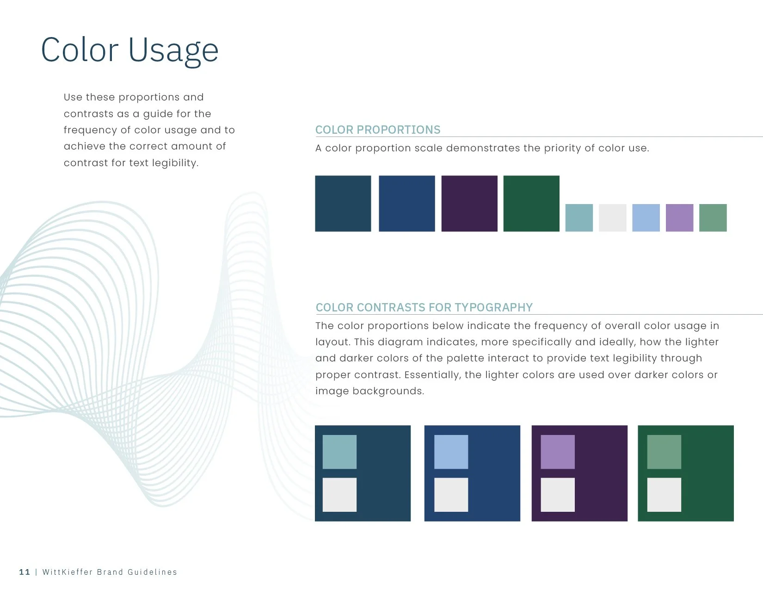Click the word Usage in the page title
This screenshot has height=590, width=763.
[x=173, y=50]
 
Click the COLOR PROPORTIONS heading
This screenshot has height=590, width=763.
[x=378, y=130]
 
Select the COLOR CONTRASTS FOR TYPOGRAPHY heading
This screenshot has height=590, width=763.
[x=424, y=308]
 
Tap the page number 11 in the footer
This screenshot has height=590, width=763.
[x=25, y=572]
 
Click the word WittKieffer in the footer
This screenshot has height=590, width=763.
[x=68, y=572]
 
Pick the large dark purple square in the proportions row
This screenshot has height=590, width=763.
[x=469, y=204]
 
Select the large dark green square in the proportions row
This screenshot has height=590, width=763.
[x=531, y=204]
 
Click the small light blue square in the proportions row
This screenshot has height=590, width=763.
[x=646, y=218]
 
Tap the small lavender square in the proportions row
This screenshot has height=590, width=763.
[x=679, y=218]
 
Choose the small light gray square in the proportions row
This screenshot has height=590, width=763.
[x=613, y=218]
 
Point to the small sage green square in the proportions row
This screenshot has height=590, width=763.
[x=713, y=218]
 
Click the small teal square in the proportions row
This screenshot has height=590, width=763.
[x=579, y=218]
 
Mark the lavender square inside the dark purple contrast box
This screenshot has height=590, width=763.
[x=558, y=452]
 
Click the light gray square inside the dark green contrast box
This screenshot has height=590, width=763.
[x=664, y=495]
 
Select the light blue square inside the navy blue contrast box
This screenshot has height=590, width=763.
[x=451, y=452]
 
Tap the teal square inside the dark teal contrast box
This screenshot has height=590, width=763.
[x=339, y=452]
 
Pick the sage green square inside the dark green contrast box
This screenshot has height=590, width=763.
[x=664, y=452]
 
